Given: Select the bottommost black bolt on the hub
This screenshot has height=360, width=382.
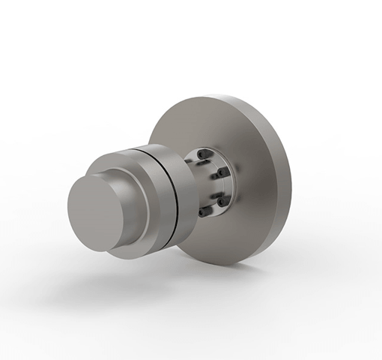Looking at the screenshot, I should tap(203, 214).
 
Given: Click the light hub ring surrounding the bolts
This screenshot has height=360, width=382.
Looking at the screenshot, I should tap(231, 184).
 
